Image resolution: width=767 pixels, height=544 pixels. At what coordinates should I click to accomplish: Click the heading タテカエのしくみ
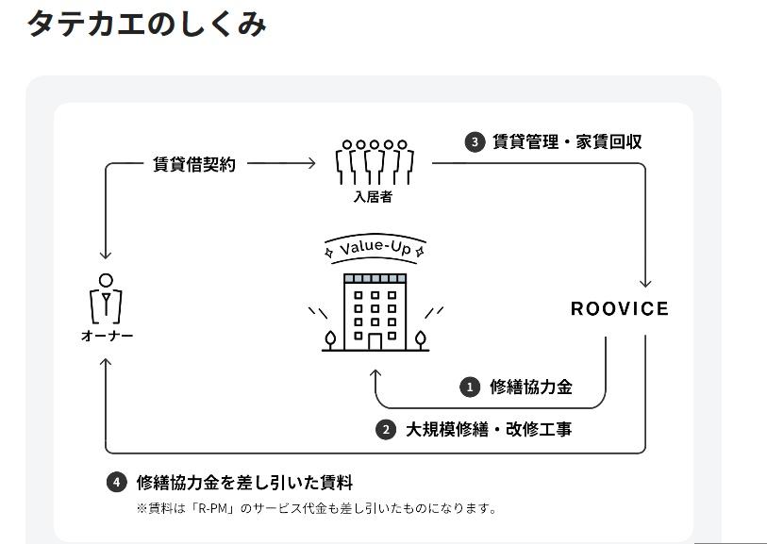(146, 23)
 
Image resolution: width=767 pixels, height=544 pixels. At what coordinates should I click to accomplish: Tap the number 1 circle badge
(470, 387)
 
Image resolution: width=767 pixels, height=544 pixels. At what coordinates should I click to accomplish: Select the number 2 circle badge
(386, 430)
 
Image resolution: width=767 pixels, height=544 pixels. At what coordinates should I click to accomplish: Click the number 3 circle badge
(474, 142)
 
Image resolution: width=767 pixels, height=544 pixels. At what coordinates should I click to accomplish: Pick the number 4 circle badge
(116, 483)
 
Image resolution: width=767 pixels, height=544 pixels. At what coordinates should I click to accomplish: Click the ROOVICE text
(619, 309)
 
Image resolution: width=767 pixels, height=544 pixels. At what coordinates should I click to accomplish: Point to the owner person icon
(106, 298)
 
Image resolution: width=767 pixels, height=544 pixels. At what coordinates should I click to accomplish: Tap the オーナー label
(106, 337)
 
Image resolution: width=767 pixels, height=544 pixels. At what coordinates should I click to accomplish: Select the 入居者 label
(373, 198)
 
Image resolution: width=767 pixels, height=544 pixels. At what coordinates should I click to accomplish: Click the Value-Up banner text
(375, 248)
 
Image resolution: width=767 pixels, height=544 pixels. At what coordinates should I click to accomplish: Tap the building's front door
(375, 340)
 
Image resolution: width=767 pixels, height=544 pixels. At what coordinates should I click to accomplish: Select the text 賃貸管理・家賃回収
(567, 142)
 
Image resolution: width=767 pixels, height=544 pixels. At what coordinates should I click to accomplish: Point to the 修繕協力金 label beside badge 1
(531, 387)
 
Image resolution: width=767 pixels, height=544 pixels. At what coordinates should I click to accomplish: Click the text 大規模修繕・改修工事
(489, 430)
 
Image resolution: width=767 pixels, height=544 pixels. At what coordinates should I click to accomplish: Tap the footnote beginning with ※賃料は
(316, 509)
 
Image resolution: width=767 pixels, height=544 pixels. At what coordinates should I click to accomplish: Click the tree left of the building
(330, 338)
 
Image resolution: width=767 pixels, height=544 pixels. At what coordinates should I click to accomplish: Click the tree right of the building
(420, 338)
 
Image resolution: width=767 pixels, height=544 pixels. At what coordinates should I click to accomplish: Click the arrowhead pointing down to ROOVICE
(645, 283)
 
